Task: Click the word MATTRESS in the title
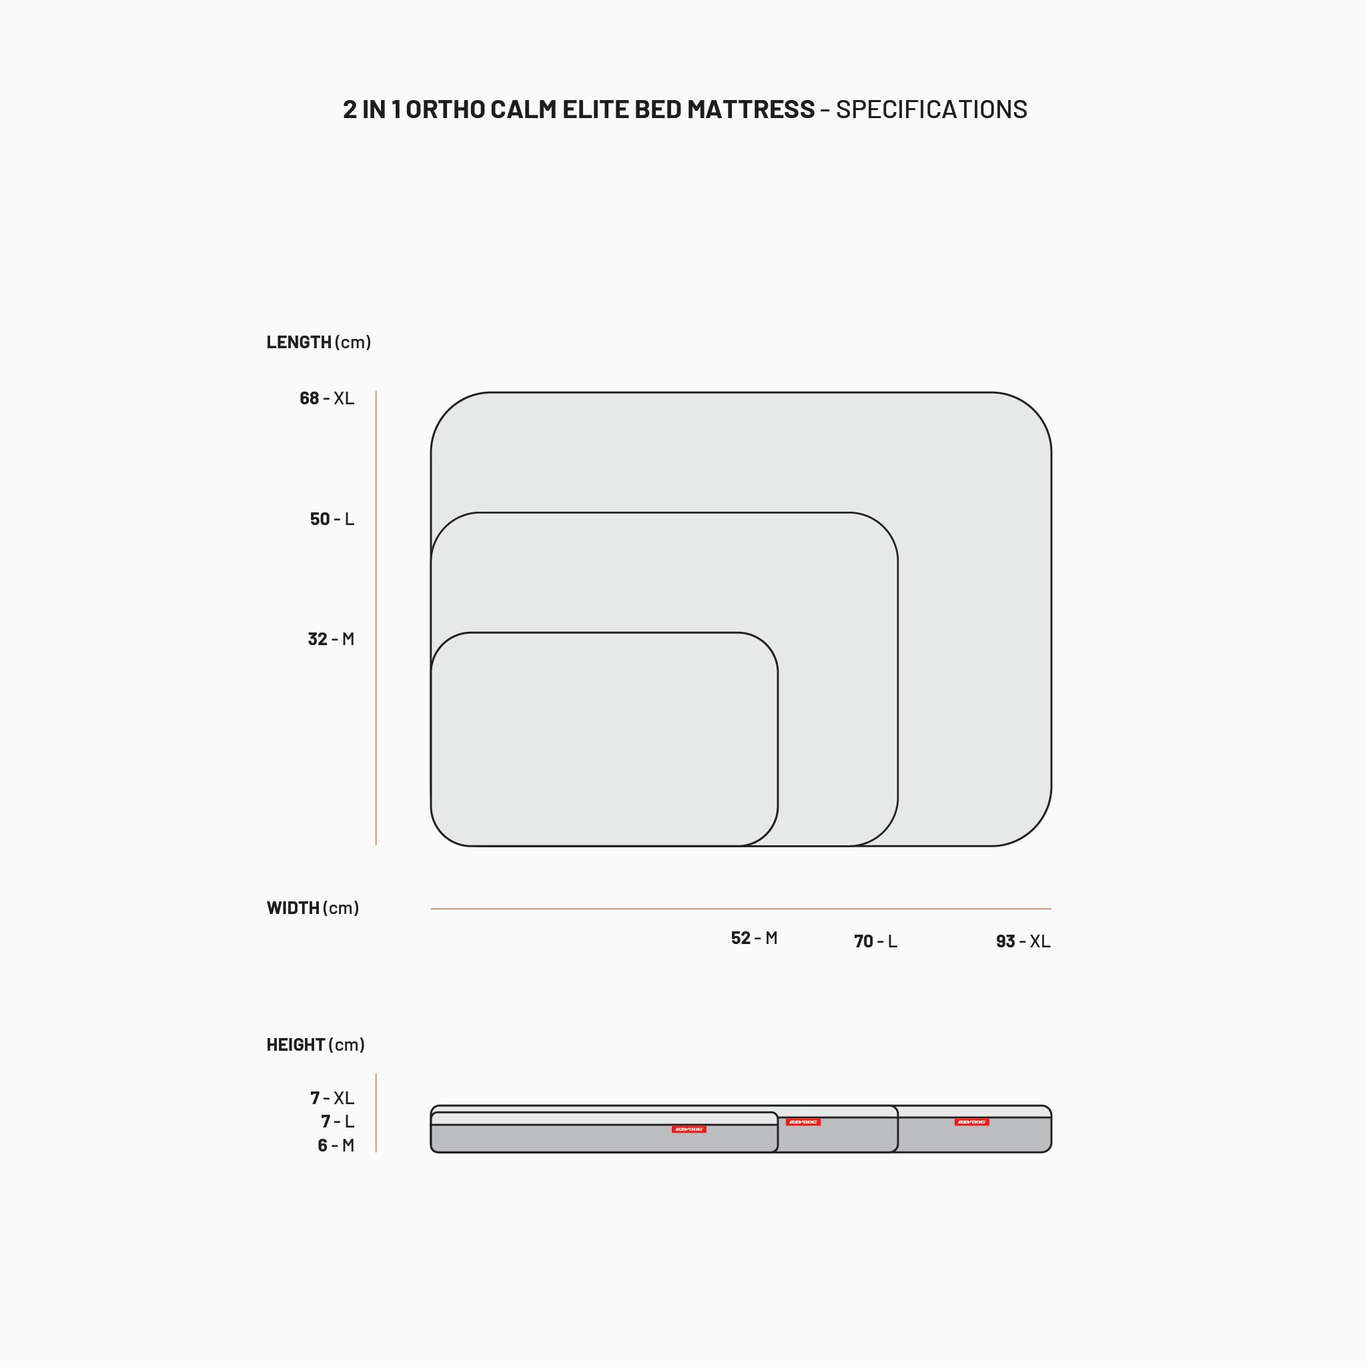(x=751, y=109)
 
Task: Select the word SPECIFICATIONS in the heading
(x=931, y=109)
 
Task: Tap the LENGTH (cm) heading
(x=318, y=342)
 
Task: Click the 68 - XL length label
(x=327, y=398)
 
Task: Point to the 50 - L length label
(x=332, y=518)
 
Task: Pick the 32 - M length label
(x=330, y=639)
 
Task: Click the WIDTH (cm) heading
(x=313, y=908)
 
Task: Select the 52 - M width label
(x=755, y=937)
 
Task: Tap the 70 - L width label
(x=875, y=941)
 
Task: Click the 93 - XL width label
(x=1023, y=941)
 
